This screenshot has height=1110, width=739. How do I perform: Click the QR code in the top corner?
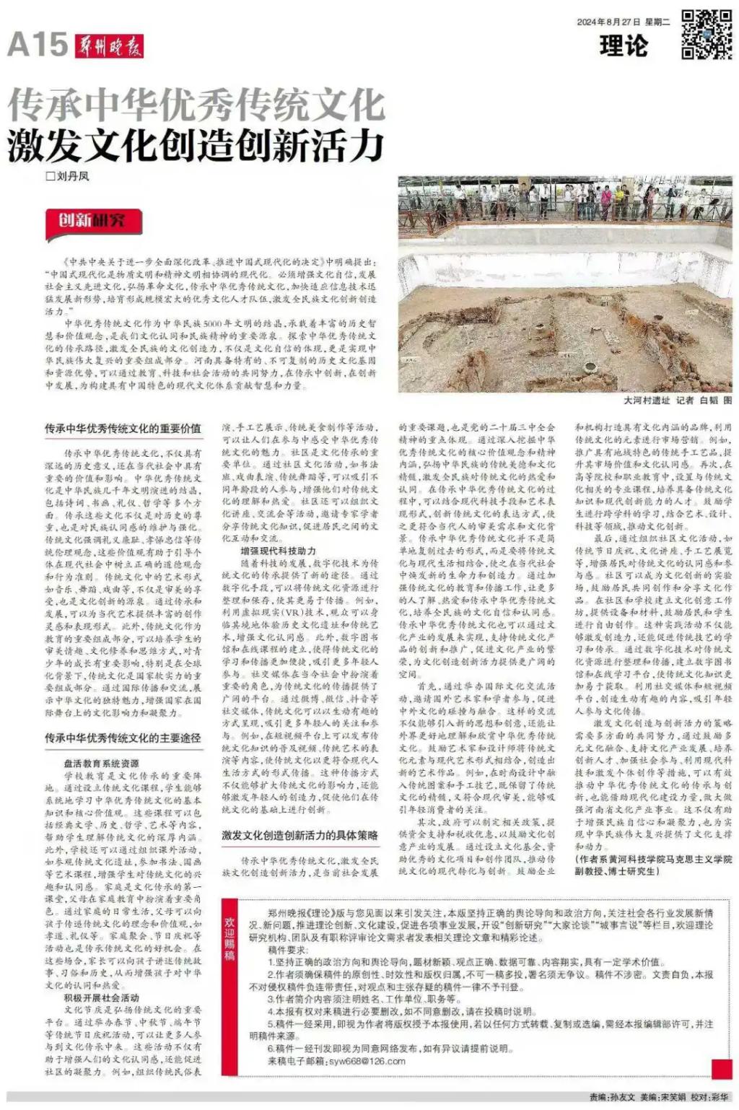[707, 33]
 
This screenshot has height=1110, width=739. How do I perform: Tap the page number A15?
[38, 45]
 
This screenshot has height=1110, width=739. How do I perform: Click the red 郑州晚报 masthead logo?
[110, 46]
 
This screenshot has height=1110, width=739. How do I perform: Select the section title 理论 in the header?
[624, 46]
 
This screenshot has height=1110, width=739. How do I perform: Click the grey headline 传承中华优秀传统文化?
[196, 105]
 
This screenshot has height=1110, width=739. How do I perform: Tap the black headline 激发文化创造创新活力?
[196, 144]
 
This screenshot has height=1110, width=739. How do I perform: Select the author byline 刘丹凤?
[68, 176]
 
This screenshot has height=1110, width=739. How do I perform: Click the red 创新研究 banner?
[92, 220]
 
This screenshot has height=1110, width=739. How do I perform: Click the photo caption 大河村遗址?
[647, 400]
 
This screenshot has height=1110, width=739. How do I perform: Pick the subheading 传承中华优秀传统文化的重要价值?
[123, 429]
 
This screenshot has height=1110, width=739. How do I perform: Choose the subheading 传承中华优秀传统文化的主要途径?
[123, 738]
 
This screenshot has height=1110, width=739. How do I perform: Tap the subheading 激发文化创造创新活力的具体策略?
[299, 835]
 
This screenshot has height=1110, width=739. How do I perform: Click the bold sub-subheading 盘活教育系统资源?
[101, 763]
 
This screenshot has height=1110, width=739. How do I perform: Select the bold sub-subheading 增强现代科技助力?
[278, 551]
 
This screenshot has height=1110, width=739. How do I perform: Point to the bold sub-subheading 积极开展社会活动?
[101, 998]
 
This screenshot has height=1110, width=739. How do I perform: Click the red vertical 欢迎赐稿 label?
[230, 938]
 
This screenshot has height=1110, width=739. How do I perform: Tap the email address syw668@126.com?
[367, 1061]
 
